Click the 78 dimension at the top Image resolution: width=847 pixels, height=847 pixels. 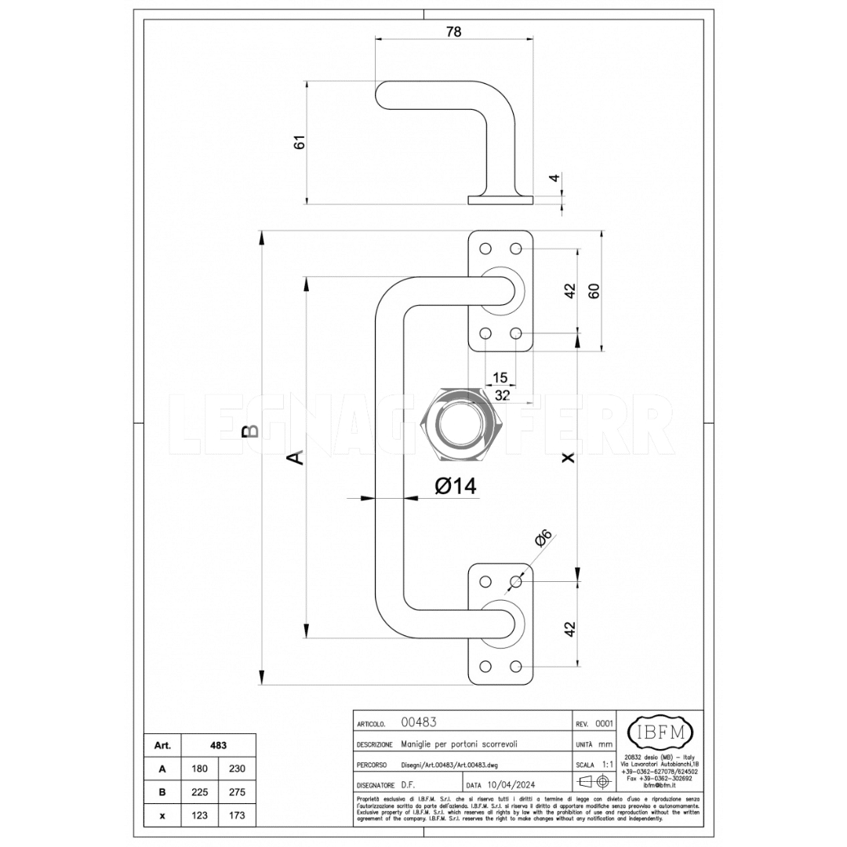[x=453, y=31]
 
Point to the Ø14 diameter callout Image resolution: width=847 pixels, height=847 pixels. [x=456, y=486]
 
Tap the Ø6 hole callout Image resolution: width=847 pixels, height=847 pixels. [x=543, y=539]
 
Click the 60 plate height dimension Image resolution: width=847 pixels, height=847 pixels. [x=594, y=290]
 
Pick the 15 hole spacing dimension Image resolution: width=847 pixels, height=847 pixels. [x=500, y=378]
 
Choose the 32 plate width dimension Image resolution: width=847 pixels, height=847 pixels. [x=503, y=395]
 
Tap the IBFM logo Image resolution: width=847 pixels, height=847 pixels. [x=660, y=732]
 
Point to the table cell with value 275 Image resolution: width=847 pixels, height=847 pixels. [x=237, y=792]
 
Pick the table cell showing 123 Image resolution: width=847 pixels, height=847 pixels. [x=200, y=816]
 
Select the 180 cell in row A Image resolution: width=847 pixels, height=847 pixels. [x=200, y=769]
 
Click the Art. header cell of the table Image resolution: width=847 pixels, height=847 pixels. [x=162, y=745]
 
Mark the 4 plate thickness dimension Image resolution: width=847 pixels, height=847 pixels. [x=554, y=178]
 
